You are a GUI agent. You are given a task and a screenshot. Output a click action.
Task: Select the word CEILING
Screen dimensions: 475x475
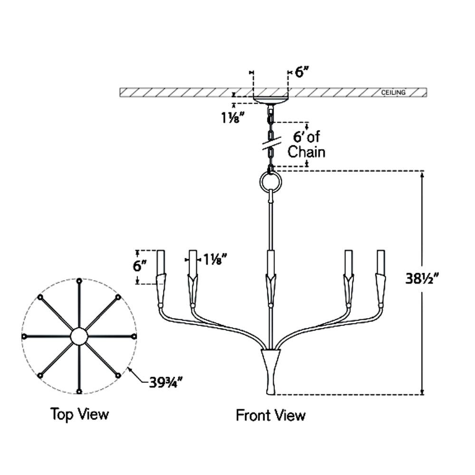(x=393, y=92)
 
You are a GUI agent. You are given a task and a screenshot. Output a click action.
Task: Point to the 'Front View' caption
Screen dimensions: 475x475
(x=271, y=416)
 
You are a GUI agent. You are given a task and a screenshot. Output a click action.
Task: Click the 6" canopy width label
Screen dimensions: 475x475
(x=302, y=72)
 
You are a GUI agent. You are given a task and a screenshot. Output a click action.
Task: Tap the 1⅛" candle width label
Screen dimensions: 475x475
(x=214, y=259)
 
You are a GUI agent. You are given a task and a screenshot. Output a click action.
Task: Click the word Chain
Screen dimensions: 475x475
(x=307, y=152)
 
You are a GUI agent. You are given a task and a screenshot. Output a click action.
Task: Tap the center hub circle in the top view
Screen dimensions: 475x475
(x=79, y=336)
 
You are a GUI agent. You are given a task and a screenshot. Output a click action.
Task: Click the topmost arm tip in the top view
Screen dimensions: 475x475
(x=79, y=281)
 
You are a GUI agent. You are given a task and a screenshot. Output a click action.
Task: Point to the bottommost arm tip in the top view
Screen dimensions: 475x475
(x=79, y=391)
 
